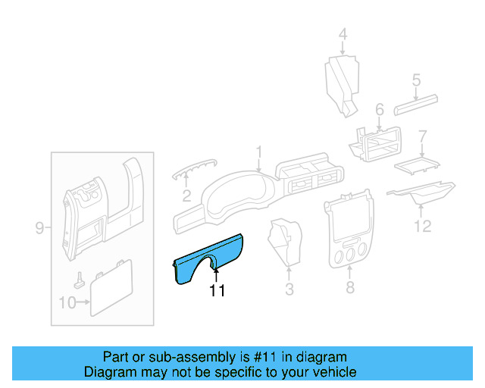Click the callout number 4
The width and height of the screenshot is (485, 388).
(x=343, y=34)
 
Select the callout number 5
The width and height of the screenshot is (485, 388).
(x=416, y=79)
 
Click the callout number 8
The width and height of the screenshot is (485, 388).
(x=349, y=288)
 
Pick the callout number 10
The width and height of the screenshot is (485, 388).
(x=67, y=304)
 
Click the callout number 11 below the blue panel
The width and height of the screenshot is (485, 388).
(x=217, y=290)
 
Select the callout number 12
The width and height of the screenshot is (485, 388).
(x=422, y=226)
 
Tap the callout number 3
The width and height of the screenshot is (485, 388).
(x=289, y=289)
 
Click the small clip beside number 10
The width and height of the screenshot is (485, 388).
(x=80, y=280)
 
